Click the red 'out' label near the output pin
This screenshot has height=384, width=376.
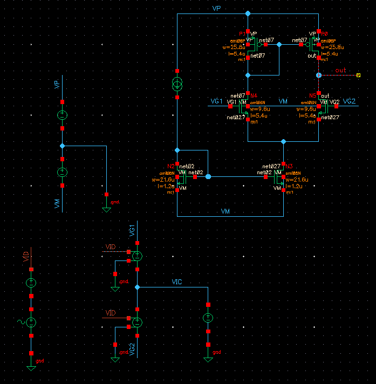click(x=340, y=70)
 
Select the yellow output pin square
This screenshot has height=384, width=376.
click(x=358, y=76)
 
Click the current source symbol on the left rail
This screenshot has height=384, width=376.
click(x=177, y=84)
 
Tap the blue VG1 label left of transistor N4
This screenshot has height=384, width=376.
click(x=216, y=101)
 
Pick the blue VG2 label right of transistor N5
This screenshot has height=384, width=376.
click(x=349, y=101)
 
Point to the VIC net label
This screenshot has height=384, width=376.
click(x=177, y=282)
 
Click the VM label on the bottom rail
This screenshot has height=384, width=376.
click(x=225, y=212)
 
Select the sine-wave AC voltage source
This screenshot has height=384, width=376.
click(x=31, y=322)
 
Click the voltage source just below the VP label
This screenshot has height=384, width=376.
click(x=62, y=115)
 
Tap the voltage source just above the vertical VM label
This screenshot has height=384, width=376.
click(x=62, y=172)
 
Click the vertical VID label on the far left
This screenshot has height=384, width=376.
click(x=25, y=256)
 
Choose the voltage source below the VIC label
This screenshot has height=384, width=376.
click(x=208, y=319)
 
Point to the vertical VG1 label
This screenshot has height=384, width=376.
click(x=132, y=232)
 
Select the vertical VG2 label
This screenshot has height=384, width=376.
click(x=132, y=348)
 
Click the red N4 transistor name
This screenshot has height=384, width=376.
click(x=254, y=96)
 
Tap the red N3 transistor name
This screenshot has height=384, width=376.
click(x=289, y=166)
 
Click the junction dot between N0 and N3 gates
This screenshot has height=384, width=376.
click(x=208, y=176)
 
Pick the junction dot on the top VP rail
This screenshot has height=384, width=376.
click(x=248, y=13)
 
